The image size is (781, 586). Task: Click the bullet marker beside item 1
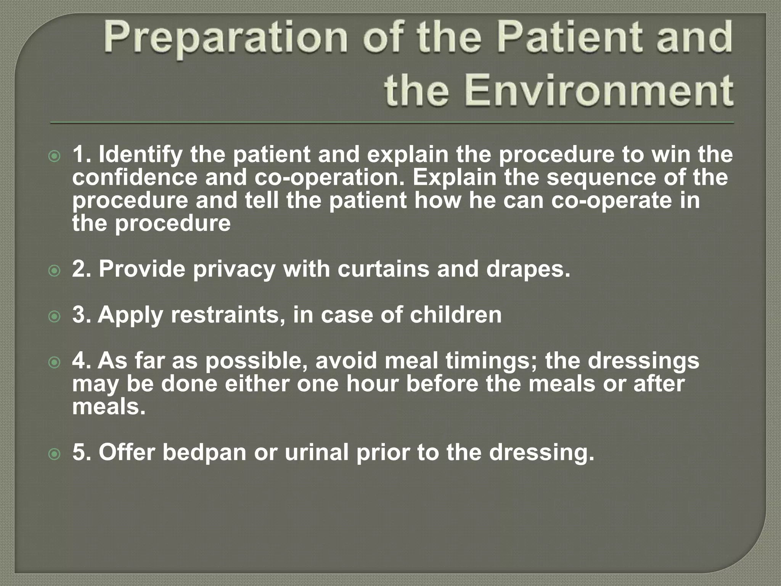click(55, 156)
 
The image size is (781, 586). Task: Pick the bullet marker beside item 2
click(55, 271)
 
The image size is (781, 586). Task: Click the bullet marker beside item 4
click(55, 362)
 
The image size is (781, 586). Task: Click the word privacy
click(234, 270)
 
